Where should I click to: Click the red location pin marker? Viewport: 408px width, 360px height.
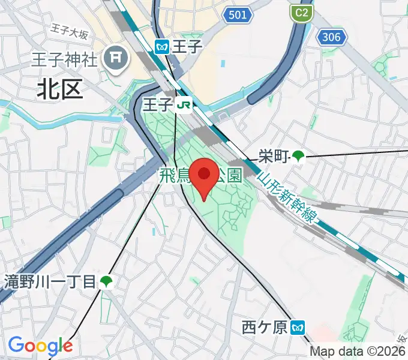[x=204, y=176]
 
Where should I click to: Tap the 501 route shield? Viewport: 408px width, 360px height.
[x=237, y=14]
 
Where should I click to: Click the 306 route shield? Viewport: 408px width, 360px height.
[x=331, y=37]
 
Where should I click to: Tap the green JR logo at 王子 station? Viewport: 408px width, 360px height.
[x=184, y=106]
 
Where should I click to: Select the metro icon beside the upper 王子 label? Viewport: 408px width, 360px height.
[x=161, y=46]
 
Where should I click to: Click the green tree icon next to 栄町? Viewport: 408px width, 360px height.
[x=298, y=157]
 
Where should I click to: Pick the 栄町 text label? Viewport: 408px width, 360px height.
[x=273, y=157]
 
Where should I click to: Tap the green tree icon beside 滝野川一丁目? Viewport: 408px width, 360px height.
[x=106, y=281]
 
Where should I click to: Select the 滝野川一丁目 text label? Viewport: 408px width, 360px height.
[x=50, y=281]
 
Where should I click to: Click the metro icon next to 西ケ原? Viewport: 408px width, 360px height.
[x=298, y=328]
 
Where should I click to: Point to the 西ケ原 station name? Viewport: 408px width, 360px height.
[x=265, y=328]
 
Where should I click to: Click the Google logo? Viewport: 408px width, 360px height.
[x=40, y=346]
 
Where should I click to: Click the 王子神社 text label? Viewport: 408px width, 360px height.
[x=65, y=59]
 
